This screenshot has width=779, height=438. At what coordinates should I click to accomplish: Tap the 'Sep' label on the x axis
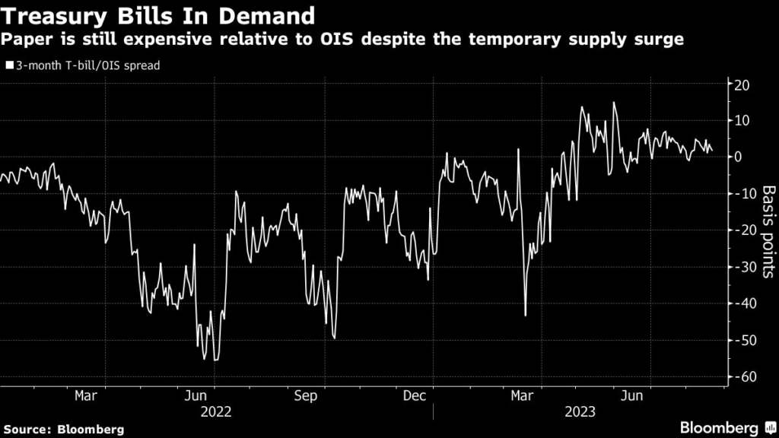[305, 395]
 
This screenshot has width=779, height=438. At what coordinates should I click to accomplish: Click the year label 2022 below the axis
[215, 412]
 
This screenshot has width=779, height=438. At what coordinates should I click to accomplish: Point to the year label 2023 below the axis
[580, 412]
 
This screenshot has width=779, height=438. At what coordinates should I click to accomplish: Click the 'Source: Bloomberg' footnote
[62, 430]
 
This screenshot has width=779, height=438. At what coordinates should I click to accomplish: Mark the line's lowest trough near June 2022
[216, 360]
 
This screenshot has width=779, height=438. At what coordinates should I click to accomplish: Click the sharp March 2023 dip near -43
[526, 315]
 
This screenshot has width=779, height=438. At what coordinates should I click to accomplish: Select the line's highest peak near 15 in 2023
[613, 103]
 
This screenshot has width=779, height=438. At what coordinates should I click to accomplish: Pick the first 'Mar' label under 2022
[85, 395]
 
